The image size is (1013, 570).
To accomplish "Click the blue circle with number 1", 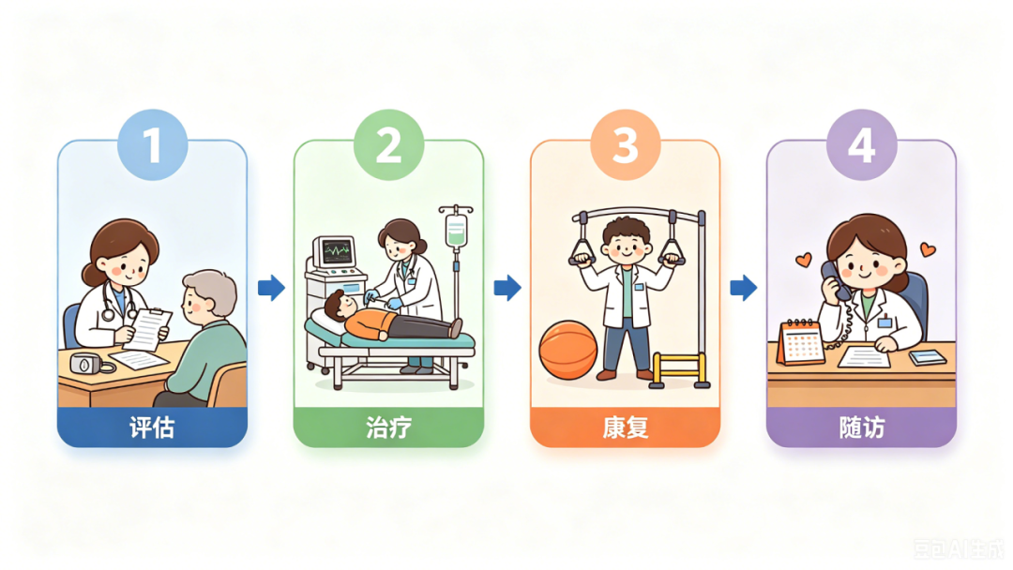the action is click(153, 144).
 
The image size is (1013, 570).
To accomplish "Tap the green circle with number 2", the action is click(389, 144).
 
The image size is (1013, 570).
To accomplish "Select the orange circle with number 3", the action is click(626, 144).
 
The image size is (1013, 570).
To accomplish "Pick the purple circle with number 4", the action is click(862, 144).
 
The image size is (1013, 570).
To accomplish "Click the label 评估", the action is click(152, 427).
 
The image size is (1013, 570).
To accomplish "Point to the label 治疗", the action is click(388, 427).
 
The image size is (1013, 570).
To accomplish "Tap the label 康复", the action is click(625, 427).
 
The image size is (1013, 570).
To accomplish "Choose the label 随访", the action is click(862, 427).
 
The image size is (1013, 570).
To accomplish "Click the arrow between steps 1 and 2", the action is click(271, 288).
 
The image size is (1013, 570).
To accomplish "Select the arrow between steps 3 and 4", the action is click(744, 288).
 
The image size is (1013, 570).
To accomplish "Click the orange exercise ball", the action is click(567, 351).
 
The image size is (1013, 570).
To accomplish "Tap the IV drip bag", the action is click(456, 229).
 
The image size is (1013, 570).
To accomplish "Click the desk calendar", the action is click(801, 342).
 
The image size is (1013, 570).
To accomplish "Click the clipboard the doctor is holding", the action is click(148, 329).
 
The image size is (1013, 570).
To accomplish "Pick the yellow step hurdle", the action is click(679, 368).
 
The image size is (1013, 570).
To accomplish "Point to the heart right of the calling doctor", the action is click(928, 249).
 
